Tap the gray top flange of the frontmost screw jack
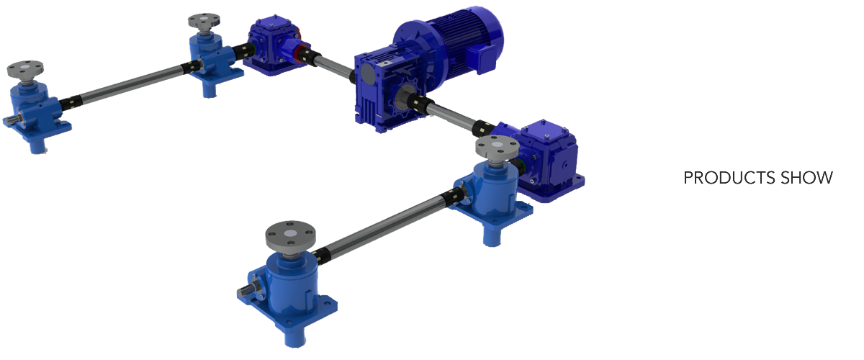coord(290,235)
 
